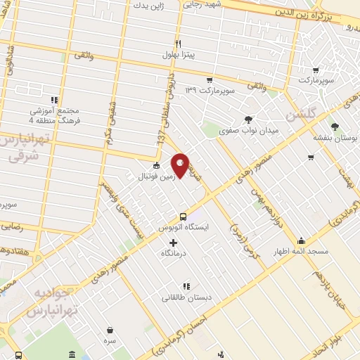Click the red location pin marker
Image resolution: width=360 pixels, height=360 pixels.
click(x=181, y=166)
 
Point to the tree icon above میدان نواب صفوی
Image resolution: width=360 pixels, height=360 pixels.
click(x=247, y=120)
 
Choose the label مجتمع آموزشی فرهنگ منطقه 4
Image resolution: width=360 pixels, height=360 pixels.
click(x=56, y=115)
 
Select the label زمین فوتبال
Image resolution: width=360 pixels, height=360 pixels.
click(x=156, y=176)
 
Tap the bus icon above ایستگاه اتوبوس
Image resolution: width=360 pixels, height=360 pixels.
click(x=184, y=217)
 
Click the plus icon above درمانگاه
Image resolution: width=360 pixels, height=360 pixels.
click(x=174, y=242)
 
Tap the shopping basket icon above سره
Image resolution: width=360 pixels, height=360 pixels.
click(x=110, y=329)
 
